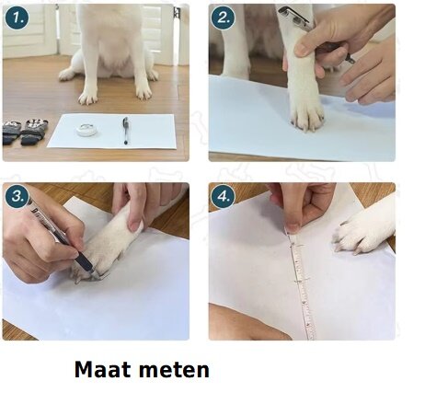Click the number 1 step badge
17,18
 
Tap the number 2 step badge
223,18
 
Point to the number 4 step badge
223,197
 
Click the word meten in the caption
175,370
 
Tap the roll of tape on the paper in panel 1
87,130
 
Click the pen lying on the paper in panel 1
125,131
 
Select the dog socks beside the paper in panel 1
25,132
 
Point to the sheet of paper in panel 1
112,132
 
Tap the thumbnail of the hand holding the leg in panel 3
134,226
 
